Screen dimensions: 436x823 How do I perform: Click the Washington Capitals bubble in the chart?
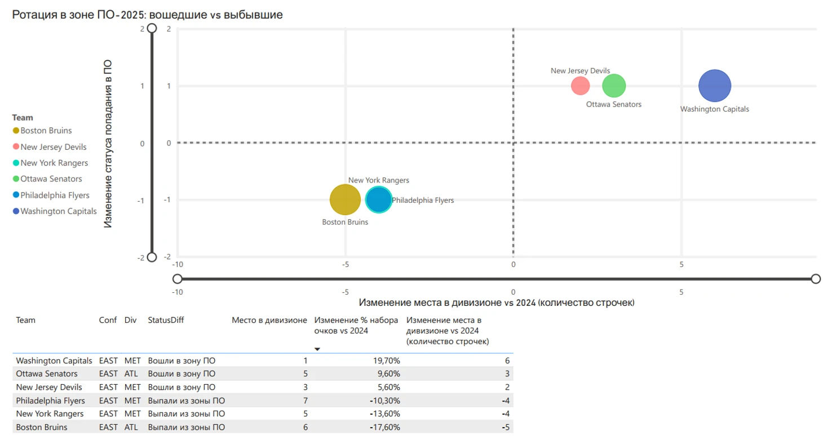coord(714,86)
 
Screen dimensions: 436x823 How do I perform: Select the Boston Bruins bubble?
coord(344,199)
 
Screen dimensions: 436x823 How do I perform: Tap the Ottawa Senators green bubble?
coord(614,86)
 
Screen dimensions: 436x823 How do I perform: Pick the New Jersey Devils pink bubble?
coord(580,86)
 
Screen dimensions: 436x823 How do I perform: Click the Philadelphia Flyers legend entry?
coord(55,195)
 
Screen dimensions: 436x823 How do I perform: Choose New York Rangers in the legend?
coord(54,163)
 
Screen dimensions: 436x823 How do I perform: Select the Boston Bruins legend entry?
coord(46,130)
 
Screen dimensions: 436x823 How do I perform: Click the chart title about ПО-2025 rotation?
coord(148,15)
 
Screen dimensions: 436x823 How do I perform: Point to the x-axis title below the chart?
coord(497,303)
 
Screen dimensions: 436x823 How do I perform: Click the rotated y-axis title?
coord(108,144)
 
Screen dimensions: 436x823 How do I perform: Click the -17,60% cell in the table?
coord(384,427)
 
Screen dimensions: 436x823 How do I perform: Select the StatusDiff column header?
coord(166,320)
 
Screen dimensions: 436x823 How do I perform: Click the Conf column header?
coord(108,320)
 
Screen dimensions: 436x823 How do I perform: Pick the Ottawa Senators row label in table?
coord(47,373)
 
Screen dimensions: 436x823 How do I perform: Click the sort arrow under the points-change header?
coord(317,349)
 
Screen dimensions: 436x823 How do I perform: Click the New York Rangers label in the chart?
coord(378,180)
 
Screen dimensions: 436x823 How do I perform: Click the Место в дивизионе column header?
coord(269,320)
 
